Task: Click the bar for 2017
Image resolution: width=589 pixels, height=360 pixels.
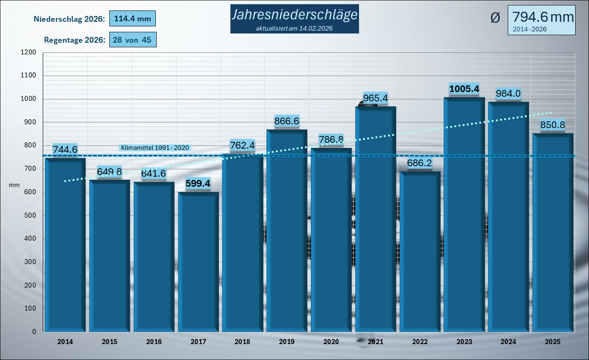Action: tap(198, 262)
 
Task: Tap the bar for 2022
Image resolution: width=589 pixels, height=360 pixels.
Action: tap(420, 251)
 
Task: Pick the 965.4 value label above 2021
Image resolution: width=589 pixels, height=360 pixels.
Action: tap(375, 98)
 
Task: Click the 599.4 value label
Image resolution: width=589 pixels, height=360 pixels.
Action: tap(198, 183)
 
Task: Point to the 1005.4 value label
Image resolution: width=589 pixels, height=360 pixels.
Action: tap(464, 89)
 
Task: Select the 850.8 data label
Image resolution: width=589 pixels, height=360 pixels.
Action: tap(553, 125)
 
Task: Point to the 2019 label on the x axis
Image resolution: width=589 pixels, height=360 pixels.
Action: tap(287, 342)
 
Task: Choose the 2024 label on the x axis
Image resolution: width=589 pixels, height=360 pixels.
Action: tap(508, 342)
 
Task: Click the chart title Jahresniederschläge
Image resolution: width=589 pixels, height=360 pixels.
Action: tap(294, 15)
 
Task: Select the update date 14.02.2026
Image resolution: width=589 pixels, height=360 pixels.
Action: tap(316, 28)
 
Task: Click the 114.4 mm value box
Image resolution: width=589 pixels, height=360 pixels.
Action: tap(132, 19)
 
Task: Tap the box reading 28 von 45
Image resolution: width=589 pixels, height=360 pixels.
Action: tap(132, 40)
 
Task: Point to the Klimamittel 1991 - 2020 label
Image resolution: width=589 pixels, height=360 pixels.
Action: tap(155, 148)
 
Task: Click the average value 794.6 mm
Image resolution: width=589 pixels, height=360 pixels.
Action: tap(543, 17)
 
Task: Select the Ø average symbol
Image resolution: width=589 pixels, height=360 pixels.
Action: tap(495, 18)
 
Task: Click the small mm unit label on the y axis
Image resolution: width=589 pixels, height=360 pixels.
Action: tap(14, 185)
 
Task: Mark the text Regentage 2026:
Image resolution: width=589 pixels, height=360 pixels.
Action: tap(74, 40)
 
